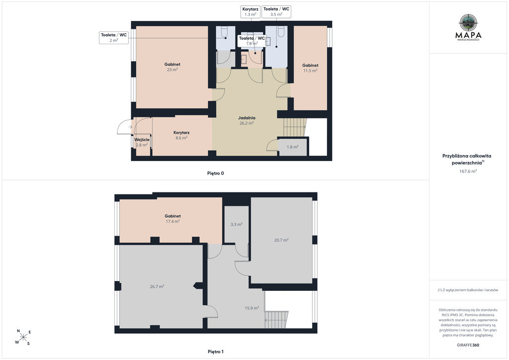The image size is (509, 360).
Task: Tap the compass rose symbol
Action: click(23, 337)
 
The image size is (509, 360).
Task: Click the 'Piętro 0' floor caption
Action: click(216, 174)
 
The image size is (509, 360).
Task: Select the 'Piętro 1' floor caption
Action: click(216, 352)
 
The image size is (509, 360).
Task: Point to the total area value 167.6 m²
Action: click(468, 171)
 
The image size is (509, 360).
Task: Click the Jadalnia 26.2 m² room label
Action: click(247, 120)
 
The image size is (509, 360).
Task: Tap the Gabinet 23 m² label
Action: click(172, 67)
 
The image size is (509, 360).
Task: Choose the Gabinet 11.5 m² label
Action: click(310, 68)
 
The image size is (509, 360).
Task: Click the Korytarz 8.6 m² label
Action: click(181, 135)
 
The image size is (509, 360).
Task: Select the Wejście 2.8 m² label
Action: click(142, 142)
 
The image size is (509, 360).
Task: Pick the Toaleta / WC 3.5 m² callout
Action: click(276, 12)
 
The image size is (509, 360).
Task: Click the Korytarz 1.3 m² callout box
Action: click(251, 12)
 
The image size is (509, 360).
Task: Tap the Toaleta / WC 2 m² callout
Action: click(114, 38)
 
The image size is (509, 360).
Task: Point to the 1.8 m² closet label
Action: click(292, 147)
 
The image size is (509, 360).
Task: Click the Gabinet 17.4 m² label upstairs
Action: click(172, 218)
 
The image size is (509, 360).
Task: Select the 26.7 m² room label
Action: click(157, 286)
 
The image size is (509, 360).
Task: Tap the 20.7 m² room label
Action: click(281, 240)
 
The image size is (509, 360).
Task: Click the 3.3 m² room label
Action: click(236, 224)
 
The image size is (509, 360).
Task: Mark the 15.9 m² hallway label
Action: click(252, 308)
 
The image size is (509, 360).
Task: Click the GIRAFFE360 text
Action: click(468, 345)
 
